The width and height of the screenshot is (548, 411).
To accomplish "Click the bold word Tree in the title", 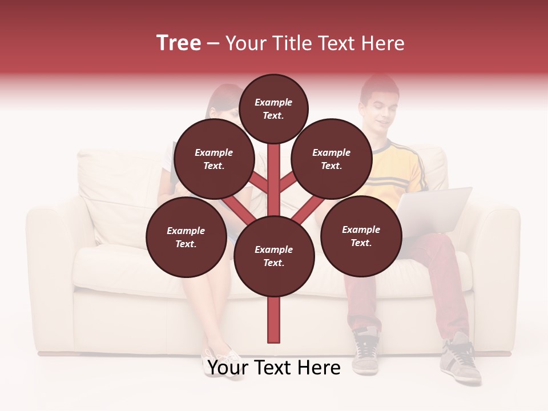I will click(179, 43).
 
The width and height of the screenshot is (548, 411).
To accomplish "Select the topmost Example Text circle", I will click(273, 108).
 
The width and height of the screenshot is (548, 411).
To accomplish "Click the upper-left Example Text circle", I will click(213, 159).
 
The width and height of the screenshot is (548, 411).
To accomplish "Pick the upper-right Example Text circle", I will click(331, 159).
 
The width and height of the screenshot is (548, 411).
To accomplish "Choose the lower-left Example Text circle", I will click(186, 237).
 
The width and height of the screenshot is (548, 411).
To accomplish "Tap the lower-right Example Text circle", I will click(361, 236).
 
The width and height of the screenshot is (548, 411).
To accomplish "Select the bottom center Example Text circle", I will click(273, 256).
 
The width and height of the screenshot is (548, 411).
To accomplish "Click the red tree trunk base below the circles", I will click(273, 320).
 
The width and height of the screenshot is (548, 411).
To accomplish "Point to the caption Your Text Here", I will click(273, 368).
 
